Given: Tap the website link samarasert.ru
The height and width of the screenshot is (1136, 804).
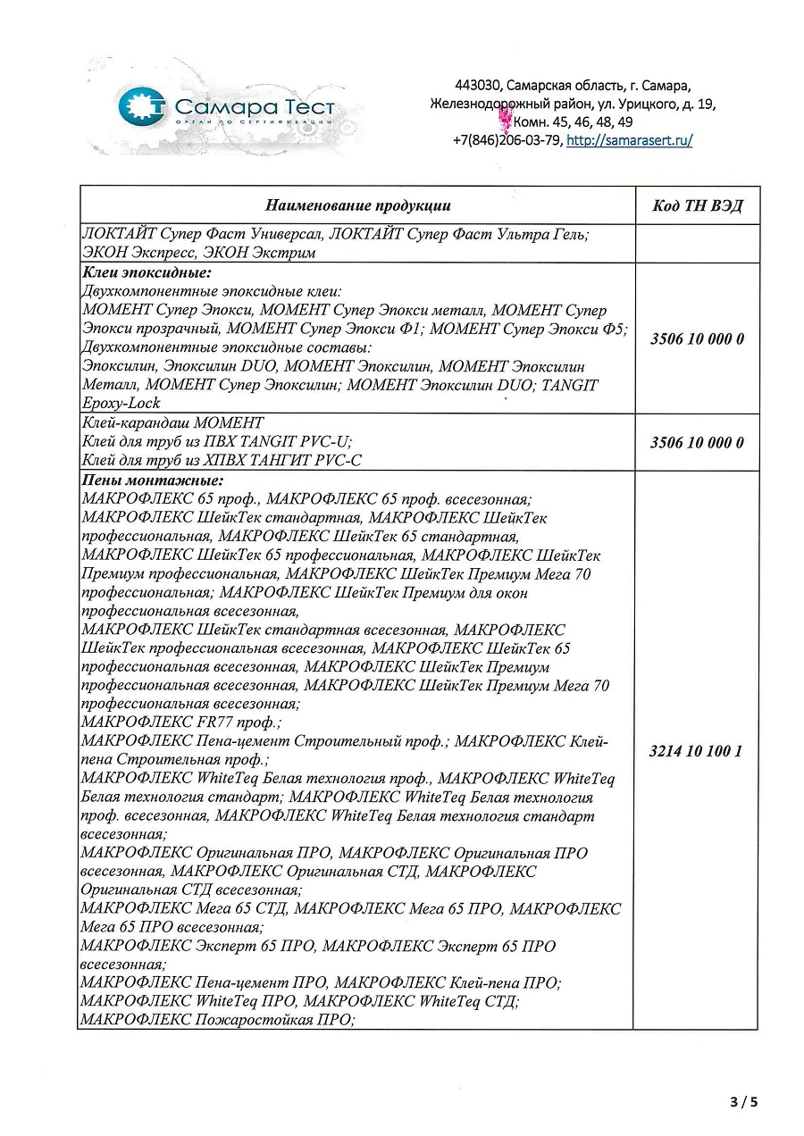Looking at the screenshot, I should pyautogui.click(x=630, y=140).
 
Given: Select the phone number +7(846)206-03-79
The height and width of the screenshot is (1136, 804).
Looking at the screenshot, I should pyautogui.click(x=507, y=140).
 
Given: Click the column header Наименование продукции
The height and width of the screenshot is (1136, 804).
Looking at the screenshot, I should pyautogui.click(x=356, y=205).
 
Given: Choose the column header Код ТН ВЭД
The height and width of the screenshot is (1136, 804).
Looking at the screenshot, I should pyautogui.click(x=697, y=206).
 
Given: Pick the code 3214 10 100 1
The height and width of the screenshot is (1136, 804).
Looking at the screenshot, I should pyautogui.click(x=696, y=751).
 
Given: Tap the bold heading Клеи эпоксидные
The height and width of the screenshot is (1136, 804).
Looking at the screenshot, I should pyautogui.click(x=146, y=273).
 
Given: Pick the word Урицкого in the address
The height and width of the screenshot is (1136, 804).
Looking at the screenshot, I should pyautogui.click(x=647, y=104).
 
